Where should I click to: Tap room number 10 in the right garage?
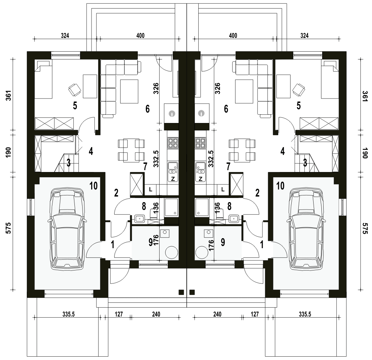280,186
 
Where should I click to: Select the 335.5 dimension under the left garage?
68,314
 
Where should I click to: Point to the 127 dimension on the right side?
254,314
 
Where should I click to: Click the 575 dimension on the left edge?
8,228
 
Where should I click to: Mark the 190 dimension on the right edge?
365,153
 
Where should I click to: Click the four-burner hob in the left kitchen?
173,143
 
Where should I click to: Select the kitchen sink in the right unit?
201,168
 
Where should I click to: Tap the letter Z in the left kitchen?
173,179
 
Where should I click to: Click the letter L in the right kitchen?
222,189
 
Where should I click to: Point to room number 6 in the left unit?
147,109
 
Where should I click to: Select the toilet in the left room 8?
154,213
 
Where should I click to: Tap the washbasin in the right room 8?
234,218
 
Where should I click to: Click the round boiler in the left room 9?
171,253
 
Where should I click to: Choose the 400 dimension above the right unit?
233,36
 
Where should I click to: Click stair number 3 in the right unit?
305,163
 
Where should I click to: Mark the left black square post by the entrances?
181,292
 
